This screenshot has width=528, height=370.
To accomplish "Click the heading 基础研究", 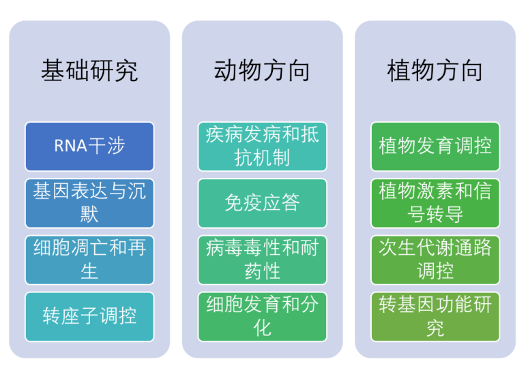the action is coord(89,71).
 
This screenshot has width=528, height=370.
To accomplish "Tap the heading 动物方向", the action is coord(263,71).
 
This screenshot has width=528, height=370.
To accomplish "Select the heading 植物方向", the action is coord(435,71).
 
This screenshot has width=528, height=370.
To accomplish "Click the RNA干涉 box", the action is coord(89,147).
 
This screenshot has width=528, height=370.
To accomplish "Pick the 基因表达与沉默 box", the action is coord(89,203).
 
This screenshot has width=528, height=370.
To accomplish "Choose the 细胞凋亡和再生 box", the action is coord(89,260).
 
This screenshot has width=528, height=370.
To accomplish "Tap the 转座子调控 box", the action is coord(89,317).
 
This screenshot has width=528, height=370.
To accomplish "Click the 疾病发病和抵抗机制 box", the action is coord(263,147).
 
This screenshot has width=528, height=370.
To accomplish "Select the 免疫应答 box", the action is coord(263,203).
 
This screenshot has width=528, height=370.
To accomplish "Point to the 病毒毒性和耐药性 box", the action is coord(263,260).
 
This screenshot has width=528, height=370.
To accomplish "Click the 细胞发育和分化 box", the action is coord(263,317).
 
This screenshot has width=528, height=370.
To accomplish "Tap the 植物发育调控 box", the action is coord(435,147).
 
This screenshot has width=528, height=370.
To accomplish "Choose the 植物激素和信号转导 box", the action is coord(435,203).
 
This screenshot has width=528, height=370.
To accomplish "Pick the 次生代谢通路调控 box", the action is coord(435,260).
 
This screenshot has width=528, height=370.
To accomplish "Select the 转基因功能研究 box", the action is coord(435,317).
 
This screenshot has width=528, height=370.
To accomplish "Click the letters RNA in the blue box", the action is coord(71,147).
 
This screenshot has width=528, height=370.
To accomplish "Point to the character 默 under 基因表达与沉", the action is coord(89,214).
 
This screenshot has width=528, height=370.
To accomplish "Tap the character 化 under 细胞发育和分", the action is coord(263,328).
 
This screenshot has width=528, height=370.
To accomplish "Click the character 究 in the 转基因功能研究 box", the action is coord(435,328).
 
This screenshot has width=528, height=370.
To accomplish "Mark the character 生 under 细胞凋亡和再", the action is coord(89,271).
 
